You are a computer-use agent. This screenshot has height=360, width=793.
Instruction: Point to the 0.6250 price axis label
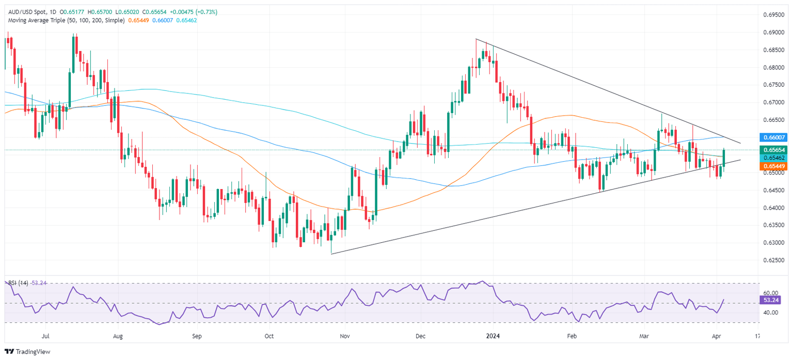772,260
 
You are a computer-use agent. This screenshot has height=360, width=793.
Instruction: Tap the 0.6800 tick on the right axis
772,68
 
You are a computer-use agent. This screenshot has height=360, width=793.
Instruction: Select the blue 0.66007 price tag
773,137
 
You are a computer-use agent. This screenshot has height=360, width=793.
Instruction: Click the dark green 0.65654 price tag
773,150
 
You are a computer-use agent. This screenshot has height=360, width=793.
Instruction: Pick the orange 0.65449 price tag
773,166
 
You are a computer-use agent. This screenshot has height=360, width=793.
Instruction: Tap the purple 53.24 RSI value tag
771,300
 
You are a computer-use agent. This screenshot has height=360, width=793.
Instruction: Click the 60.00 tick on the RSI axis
771,293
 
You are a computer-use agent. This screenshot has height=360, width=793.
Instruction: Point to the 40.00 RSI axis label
771,312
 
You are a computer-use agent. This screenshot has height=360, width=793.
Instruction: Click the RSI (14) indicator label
19,283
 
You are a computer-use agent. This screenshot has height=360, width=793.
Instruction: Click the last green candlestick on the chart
724,158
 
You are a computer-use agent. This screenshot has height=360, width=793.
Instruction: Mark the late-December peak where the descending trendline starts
476,39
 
